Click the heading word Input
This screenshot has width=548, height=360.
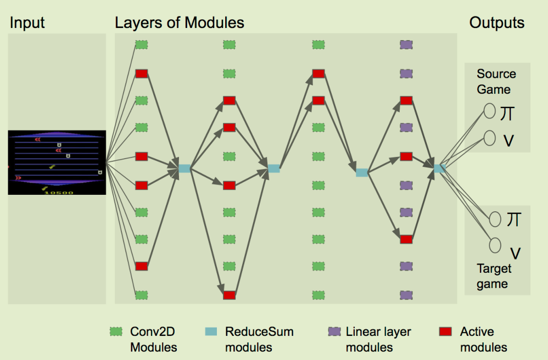27,23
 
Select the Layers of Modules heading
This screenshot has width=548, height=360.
180,23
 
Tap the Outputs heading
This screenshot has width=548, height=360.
496,23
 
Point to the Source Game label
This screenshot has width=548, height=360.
496,82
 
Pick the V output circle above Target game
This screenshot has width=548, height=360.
495,245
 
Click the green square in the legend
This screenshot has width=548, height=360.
115,332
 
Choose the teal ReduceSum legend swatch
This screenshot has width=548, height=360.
211,332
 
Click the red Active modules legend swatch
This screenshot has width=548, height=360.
446,332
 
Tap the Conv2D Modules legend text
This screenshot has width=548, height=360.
153,340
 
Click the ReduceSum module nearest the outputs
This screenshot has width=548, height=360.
439,168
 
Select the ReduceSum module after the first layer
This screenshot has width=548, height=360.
184,168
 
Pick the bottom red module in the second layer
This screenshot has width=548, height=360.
230,295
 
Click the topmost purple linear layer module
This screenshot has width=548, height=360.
406,45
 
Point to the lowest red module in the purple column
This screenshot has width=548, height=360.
406,239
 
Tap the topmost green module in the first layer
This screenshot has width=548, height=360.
142,45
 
